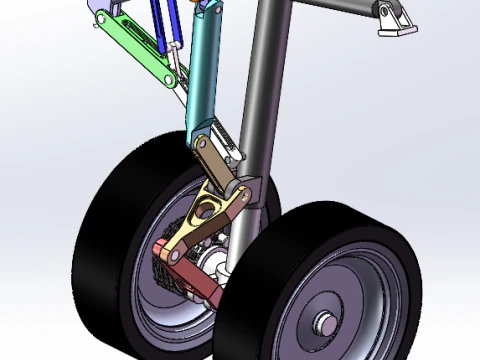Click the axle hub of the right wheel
[x=325, y=324]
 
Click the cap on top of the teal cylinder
[x=210, y=9]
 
